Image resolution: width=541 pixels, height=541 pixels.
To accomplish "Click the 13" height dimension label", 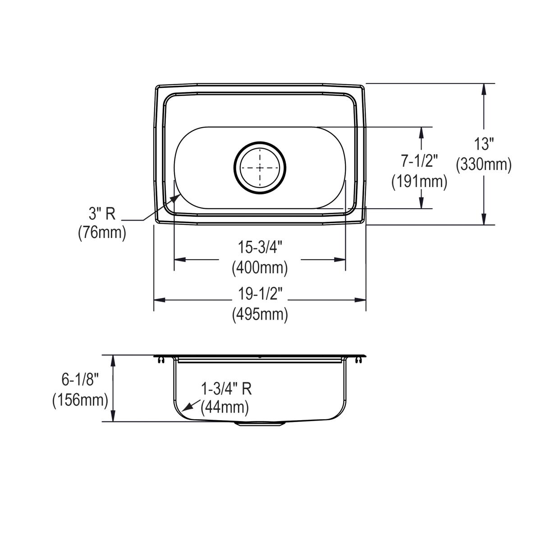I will (x=484, y=144).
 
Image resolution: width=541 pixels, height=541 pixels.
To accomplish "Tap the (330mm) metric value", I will (x=484, y=165).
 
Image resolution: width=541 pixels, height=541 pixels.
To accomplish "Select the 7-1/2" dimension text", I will (x=419, y=160).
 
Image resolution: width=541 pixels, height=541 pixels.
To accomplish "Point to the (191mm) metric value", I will (x=419, y=181).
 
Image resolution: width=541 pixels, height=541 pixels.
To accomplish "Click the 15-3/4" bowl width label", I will (x=260, y=248).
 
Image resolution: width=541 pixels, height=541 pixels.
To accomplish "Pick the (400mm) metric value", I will (x=260, y=268).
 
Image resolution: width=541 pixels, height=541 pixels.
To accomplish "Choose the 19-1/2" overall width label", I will (x=260, y=294).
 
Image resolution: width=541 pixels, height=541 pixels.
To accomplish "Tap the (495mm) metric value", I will (x=260, y=314).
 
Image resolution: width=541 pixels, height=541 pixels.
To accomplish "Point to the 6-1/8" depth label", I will (x=80, y=380).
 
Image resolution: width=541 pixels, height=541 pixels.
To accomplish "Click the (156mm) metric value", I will (x=80, y=400).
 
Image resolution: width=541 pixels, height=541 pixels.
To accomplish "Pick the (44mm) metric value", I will (x=225, y=408).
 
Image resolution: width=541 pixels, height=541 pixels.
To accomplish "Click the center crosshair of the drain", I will (x=260, y=168).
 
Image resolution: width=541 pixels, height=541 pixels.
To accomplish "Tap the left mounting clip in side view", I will (x=161, y=360).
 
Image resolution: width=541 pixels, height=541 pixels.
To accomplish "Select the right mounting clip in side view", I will (x=358, y=360).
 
